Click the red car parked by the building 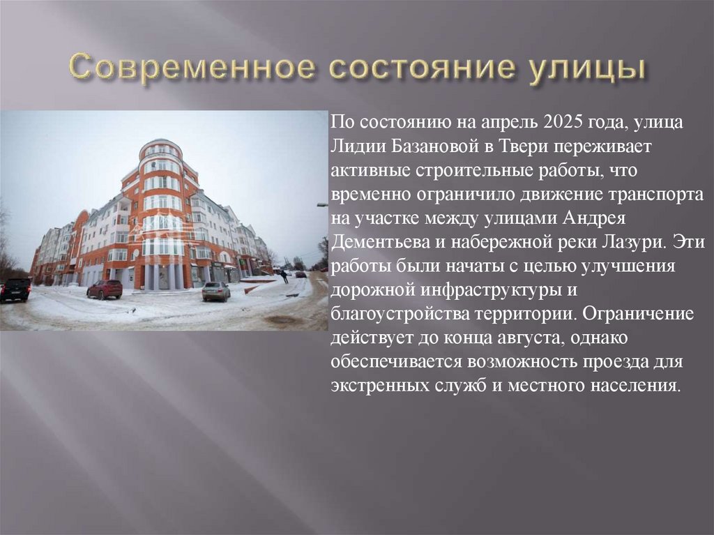(x=105, y=289)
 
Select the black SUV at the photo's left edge (x=15, y=289)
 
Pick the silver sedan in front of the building (x=216, y=291)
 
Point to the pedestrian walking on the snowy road (x=284, y=276)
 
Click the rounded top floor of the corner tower (x=161, y=149)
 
